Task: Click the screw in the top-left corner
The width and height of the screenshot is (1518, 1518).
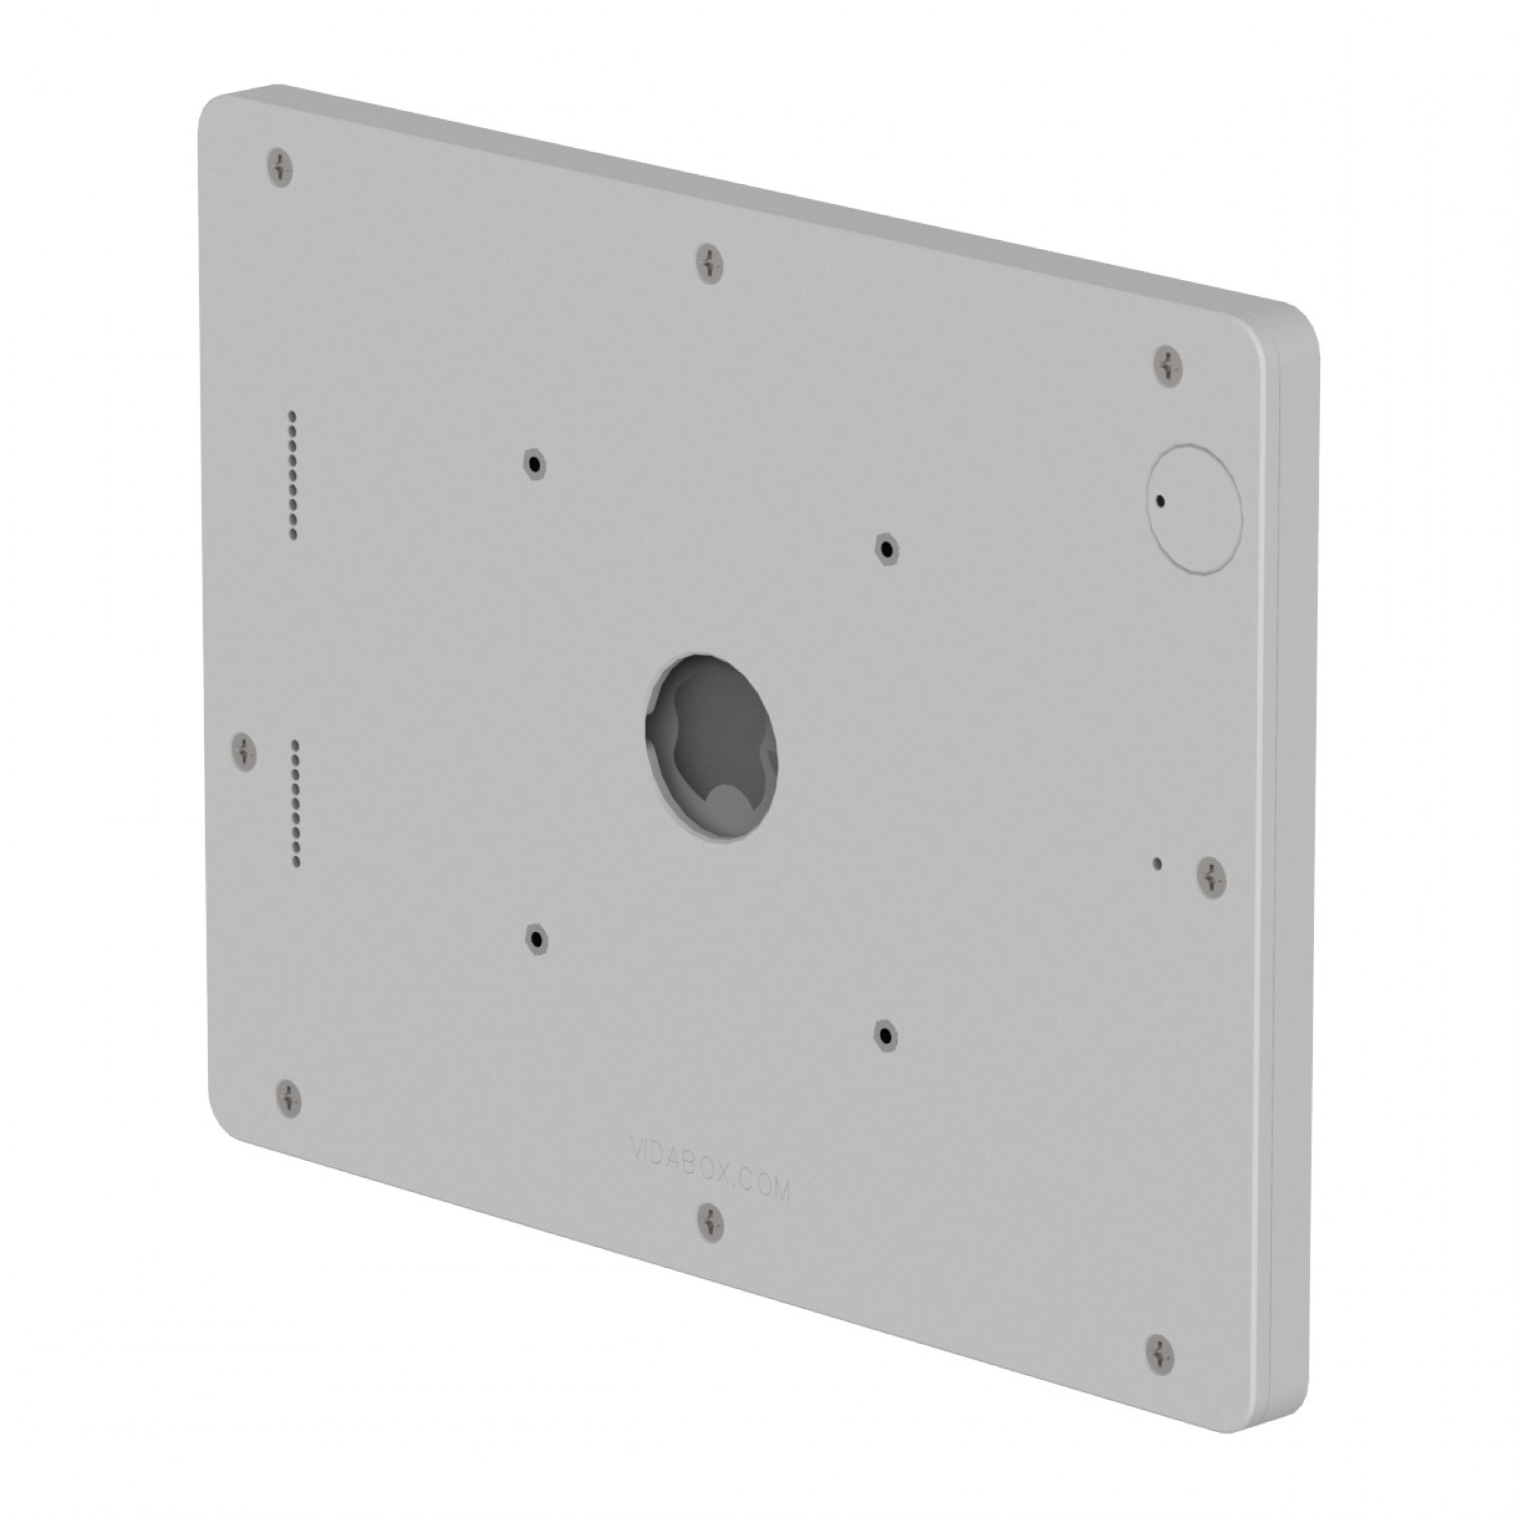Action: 280,168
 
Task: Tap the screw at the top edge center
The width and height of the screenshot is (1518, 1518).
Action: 710,263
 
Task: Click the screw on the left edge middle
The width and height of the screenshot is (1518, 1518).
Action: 244,751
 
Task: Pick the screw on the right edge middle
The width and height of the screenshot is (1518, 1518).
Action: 1212,878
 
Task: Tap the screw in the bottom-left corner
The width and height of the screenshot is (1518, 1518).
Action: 289,1097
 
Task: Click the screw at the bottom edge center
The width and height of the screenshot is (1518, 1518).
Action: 711,1222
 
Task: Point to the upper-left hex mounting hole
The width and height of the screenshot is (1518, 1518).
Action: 535,465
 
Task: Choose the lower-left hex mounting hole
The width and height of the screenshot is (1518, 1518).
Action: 537,938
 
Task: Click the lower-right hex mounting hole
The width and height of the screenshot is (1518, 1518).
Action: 886,1036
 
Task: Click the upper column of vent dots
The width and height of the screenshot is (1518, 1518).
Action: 292,475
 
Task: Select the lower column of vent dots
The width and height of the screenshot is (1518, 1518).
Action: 296,802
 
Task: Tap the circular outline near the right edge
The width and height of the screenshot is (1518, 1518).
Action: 1195,509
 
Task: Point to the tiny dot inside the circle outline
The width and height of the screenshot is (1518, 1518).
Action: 1160,500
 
